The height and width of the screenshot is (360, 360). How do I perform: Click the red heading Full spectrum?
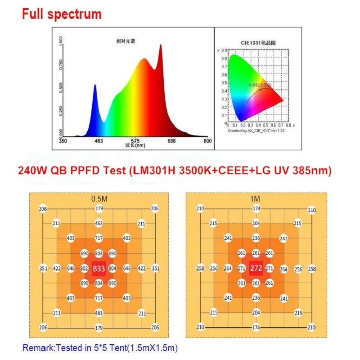62,13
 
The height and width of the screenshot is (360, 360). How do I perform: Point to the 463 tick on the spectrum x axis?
99,141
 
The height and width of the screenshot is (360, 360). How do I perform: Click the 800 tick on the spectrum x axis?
207,141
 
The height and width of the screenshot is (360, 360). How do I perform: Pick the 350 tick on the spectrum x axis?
63,141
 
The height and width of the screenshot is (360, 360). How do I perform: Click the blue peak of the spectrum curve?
95,85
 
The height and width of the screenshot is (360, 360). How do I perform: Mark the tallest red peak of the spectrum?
160,45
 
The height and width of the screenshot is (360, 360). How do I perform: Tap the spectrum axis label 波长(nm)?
135,145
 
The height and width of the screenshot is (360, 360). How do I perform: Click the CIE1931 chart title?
258,43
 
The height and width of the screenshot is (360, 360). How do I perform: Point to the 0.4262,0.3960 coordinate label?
260,85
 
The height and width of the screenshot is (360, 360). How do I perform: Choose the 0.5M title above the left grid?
99,198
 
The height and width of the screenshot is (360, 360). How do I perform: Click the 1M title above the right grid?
256,198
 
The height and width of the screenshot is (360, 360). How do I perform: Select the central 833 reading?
99,269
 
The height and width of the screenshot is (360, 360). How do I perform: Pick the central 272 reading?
256,269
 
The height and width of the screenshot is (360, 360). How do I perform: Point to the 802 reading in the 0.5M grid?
84,269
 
